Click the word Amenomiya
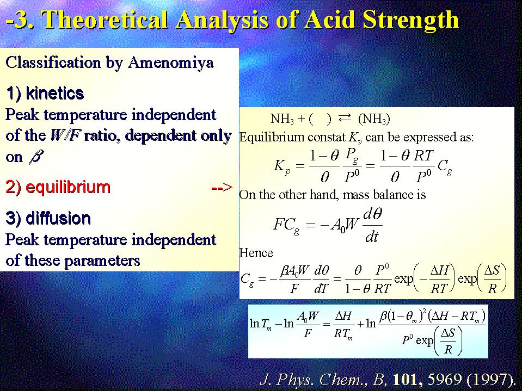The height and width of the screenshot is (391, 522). click(x=170, y=63)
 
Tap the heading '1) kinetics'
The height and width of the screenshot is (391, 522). click(x=45, y=93)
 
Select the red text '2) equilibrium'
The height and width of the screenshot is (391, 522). click(x=58, y=187)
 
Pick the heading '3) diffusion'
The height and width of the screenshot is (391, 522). click(x=48, y=219)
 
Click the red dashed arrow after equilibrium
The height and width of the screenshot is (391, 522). click(x=222, y=188)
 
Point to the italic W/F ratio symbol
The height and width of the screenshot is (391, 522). click(x=65, y=135)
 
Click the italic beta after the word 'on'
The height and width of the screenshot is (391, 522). click(x=35, y=157)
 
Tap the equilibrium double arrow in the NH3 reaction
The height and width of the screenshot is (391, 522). click(x=344, y=117)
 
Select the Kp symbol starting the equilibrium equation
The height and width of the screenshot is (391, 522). click(x=282, y=165)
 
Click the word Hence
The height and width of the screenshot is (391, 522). click(x=256, y=253)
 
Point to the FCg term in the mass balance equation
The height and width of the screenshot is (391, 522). click(x=286, y=225)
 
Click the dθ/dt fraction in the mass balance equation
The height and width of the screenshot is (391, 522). click(x=372, y=226)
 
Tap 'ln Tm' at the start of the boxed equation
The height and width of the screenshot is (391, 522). click(x=261, y=324)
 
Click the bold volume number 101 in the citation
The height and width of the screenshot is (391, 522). click(x=408, y=378)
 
